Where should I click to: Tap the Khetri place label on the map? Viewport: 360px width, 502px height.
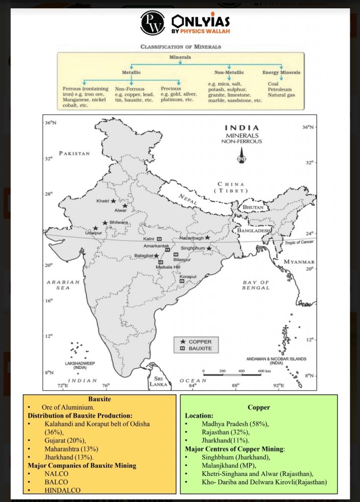tap(102, 201)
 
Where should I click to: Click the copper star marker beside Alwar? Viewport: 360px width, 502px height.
tap(125, 206)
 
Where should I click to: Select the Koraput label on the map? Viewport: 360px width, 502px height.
tap(188, 276)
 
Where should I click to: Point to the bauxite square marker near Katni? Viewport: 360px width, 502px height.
tap(159, 239)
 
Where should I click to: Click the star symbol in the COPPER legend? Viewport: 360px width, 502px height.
tap(183, 341)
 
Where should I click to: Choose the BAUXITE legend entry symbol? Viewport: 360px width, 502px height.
tap(183, 349)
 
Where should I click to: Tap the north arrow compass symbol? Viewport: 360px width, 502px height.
tap(241, 158)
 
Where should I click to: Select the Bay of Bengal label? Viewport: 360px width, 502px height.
tap(256, 285)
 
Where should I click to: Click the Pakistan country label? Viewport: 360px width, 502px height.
tap(74, 153)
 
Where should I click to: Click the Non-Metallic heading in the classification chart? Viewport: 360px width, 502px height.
tap(229, 73)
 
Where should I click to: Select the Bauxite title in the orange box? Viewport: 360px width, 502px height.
tap(99, 399)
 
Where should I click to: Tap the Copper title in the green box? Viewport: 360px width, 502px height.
tap(258, 407)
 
